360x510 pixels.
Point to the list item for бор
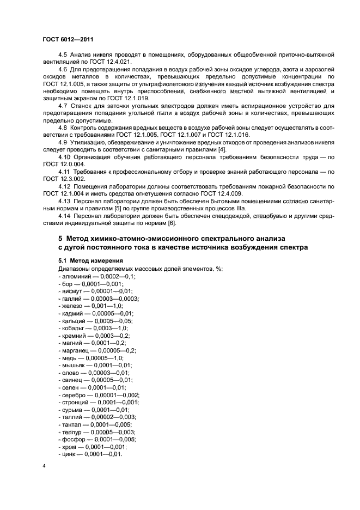tap(90, 284)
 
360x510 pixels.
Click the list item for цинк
tap(90, 454)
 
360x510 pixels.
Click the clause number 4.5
tap(63, 56)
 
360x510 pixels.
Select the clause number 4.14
tap(64, 216)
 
